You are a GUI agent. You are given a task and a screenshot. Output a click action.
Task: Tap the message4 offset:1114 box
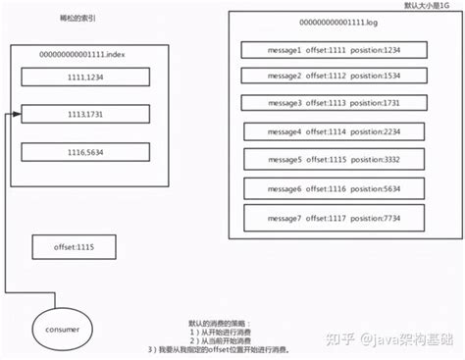321,130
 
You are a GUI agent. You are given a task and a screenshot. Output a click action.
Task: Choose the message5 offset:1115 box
321,158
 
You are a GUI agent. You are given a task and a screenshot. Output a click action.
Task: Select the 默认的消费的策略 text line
220,323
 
